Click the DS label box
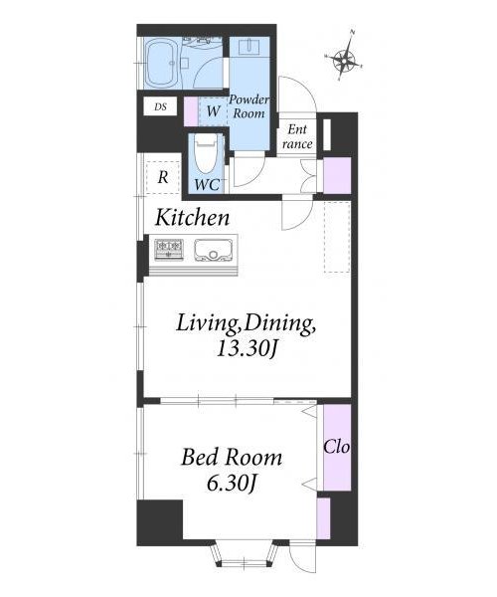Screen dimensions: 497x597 pos(160,106)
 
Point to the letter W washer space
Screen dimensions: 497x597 pos(214,111)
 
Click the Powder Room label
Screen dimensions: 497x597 pos(249,106)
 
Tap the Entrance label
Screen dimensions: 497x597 pos(297,136)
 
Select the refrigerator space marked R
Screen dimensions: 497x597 pos(163,177)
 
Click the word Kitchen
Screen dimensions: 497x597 pos(193,217)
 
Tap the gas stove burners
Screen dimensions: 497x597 pos(169,250)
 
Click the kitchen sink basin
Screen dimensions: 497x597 pos(214,250)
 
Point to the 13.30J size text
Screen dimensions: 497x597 pos(246,348)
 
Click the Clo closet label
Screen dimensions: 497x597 pos(337,447)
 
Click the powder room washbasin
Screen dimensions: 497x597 pos(249,48)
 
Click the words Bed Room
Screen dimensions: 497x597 pos(232,458)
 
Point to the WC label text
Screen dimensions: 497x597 pos(207,185)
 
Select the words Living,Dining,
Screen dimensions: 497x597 pos(246,324)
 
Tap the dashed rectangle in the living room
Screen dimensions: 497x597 pos(337,237)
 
